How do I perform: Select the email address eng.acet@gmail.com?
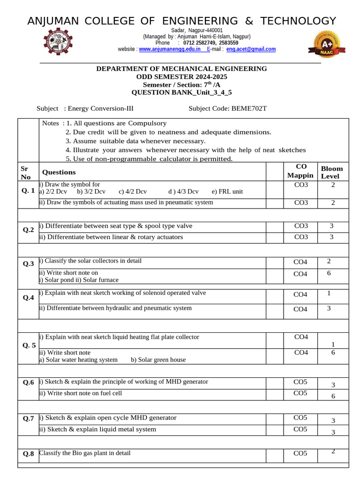point(251,49)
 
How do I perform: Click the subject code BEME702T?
point(249,109)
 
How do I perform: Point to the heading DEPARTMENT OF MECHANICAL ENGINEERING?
point(181,68)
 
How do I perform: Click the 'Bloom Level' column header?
point(331,172)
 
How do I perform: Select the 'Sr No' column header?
point(25,172)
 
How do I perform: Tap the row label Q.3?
point(28,264)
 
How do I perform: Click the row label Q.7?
point(28,418)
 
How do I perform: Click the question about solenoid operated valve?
point(122,293)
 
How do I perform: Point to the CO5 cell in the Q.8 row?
point(300,453)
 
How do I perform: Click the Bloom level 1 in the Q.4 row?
point(329,293)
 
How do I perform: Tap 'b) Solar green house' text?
point(158,360)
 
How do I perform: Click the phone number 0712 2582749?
point(201,43)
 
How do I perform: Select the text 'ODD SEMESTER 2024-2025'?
point(181,76)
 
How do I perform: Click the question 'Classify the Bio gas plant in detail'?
point(85,453)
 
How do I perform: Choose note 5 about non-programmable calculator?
point(149,159)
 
